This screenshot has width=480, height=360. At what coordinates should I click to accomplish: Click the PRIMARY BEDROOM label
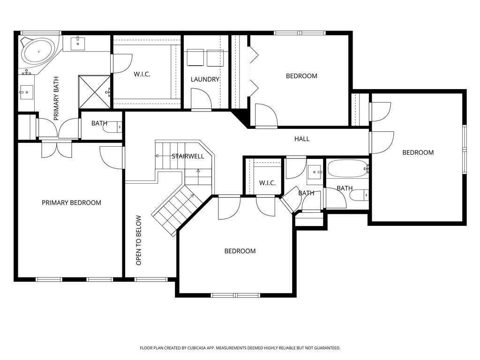coord(71,202)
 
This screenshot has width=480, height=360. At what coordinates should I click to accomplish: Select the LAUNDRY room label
coord(205,79)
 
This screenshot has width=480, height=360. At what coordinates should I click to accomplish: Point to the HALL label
coord(302,139)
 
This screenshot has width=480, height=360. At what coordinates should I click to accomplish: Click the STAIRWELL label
coord(187,156)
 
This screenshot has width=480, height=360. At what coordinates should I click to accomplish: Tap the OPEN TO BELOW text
coord(139,240)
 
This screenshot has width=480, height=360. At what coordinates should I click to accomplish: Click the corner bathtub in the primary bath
coord(37,52)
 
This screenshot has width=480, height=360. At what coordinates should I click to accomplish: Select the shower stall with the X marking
coord(94,92)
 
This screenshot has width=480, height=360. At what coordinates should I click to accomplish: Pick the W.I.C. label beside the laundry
coord(142,74)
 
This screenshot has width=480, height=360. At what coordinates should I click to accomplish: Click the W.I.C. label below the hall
coord(267,183)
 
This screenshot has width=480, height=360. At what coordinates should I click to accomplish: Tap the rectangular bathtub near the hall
coord(347,168)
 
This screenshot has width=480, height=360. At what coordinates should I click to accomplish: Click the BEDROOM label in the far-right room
coord(418,152)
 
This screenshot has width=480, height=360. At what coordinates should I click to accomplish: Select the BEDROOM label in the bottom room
coord(240,251)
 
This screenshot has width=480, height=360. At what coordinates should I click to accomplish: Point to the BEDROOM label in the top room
coord(301,75)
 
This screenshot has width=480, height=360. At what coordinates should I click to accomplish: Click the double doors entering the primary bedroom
coord(56,149)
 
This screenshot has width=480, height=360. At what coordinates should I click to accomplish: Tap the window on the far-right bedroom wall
coord(465,149)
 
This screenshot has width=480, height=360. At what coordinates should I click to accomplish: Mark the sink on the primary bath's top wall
coord(78,44)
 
